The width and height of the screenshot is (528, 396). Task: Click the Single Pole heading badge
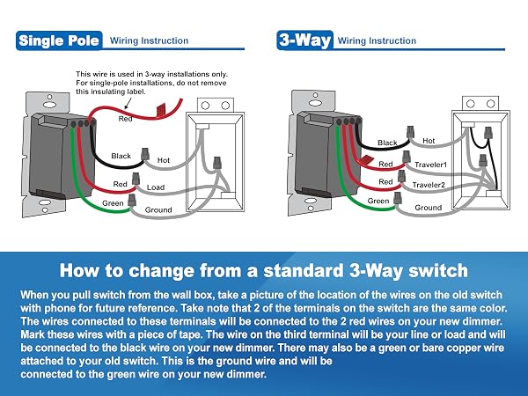coord(59,40)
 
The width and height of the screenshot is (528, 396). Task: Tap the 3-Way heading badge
coord(304,40)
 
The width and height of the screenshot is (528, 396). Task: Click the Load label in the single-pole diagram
coord(156,187)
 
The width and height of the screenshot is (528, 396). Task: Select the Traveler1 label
coord(430,165)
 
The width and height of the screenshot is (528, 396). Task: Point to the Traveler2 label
coord(429,185)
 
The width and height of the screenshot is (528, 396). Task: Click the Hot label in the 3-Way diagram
coord(429,141)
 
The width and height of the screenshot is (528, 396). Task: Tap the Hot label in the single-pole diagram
coord(164,160)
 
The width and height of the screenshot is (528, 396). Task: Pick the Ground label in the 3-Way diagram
coord(429,208)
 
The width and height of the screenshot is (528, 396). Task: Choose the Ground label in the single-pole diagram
coord(158,209)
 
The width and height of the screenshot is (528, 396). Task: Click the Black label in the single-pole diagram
coord(121,156)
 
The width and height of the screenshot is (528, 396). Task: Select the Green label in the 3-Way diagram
coord(378,201)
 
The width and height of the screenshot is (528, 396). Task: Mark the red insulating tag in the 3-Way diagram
coord(365,160)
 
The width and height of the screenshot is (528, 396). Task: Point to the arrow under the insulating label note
coord(128,103)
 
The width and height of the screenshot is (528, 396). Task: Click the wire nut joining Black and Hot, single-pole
coord(145,154)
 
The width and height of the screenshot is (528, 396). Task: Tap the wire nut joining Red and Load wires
coord(136,179)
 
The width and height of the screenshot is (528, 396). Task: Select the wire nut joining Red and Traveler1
coord(407,157)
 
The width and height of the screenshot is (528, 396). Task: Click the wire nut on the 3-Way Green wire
coord(398,198)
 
